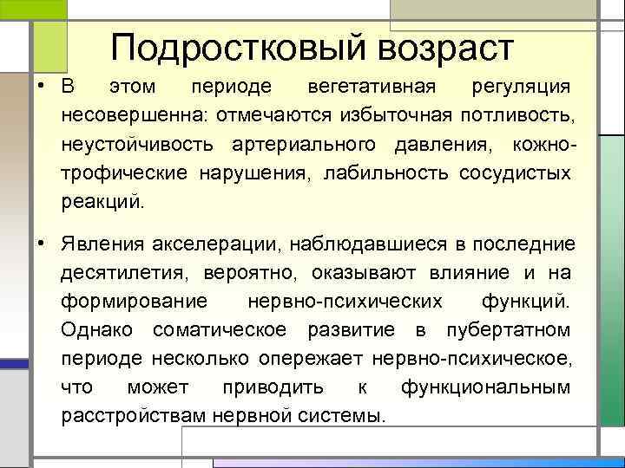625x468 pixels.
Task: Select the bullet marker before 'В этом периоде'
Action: (41, 88)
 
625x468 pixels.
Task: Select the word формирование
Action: (135, 302)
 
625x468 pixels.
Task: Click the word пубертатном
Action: (508, 330)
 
